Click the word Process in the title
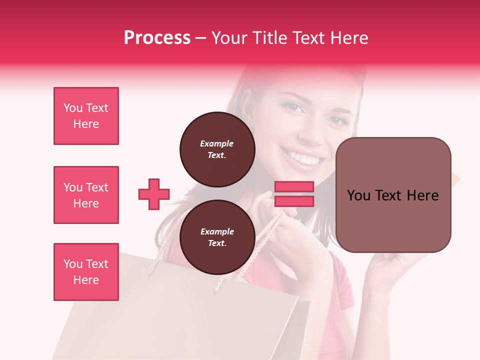point(157,37)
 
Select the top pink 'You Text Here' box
point(86,116)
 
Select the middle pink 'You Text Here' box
point(86,195)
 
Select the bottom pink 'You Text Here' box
point(86,272)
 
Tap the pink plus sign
point(154,194)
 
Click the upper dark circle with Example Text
point(217,149)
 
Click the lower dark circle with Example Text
point(217,237)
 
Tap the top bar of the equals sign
point(294,187)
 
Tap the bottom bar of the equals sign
point(294,201)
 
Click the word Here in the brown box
point(422,195)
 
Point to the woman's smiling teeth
point(305,159)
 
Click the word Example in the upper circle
point(217,143)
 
